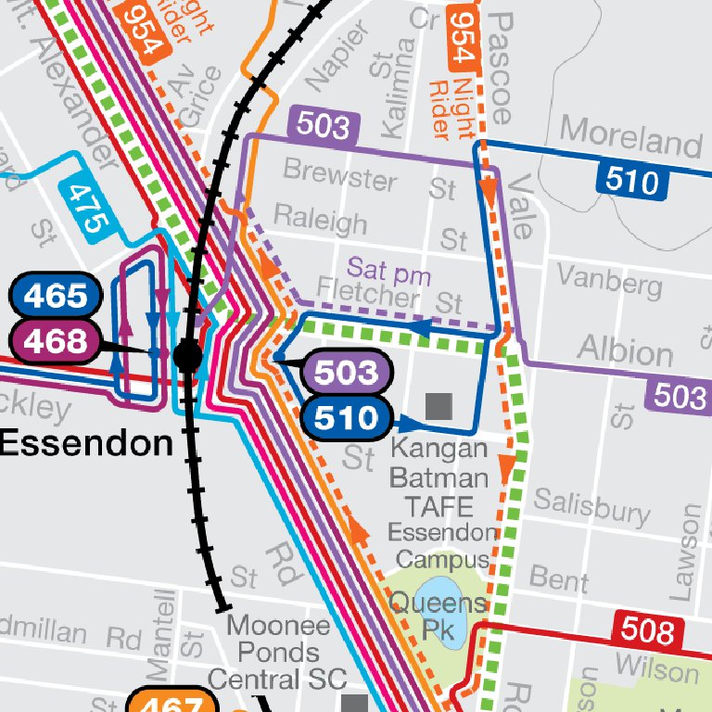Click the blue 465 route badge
[x=55, y=297]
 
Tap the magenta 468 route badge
[x=55, y=341]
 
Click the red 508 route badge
[x=648, y=631]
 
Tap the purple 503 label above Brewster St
[x=324, y=126]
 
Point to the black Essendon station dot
[x=188, y=355]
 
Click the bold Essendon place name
[x=86, y=443]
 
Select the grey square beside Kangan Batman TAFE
[x=438, y=405]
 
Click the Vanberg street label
[x=610, y=280]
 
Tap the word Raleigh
[x=320, y=221]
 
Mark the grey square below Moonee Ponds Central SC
[x=354, y=703]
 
